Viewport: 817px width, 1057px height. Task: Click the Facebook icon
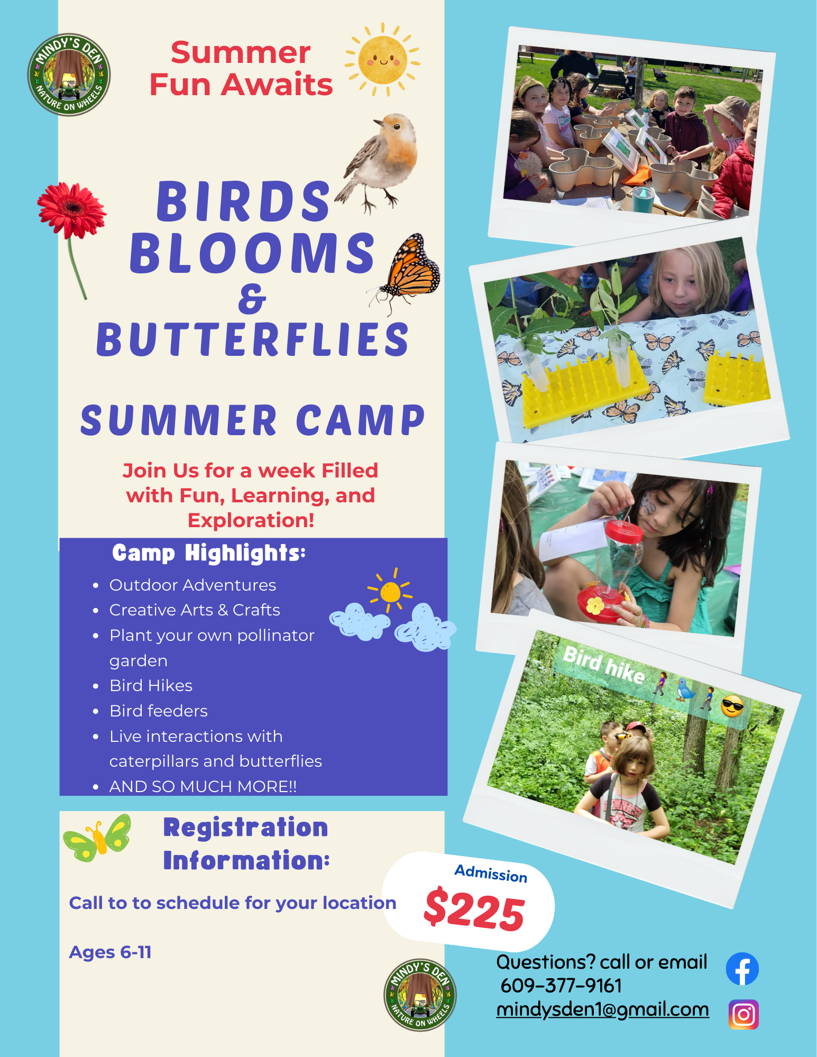(742, 969)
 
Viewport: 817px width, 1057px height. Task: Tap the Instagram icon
(743, 1014)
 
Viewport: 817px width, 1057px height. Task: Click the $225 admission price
(474, 910)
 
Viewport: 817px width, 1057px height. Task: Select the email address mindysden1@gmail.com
(602, 1009)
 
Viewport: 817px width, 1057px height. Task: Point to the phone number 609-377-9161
(561, 986)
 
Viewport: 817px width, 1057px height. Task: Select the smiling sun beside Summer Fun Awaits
(382, 60)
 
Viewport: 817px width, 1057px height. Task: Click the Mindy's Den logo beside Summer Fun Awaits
(69, 75)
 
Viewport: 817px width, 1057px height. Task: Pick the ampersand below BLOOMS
(252, 299)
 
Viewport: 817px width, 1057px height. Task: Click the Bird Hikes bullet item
(151, 686)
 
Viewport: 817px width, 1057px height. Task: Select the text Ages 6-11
(111, 952)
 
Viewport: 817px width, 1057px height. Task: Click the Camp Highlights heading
(209, 553)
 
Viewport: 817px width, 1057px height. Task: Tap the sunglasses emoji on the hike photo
(732, 706)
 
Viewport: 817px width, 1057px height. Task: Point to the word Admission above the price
(491, 874)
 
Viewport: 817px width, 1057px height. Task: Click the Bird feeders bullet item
(159, 711)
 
